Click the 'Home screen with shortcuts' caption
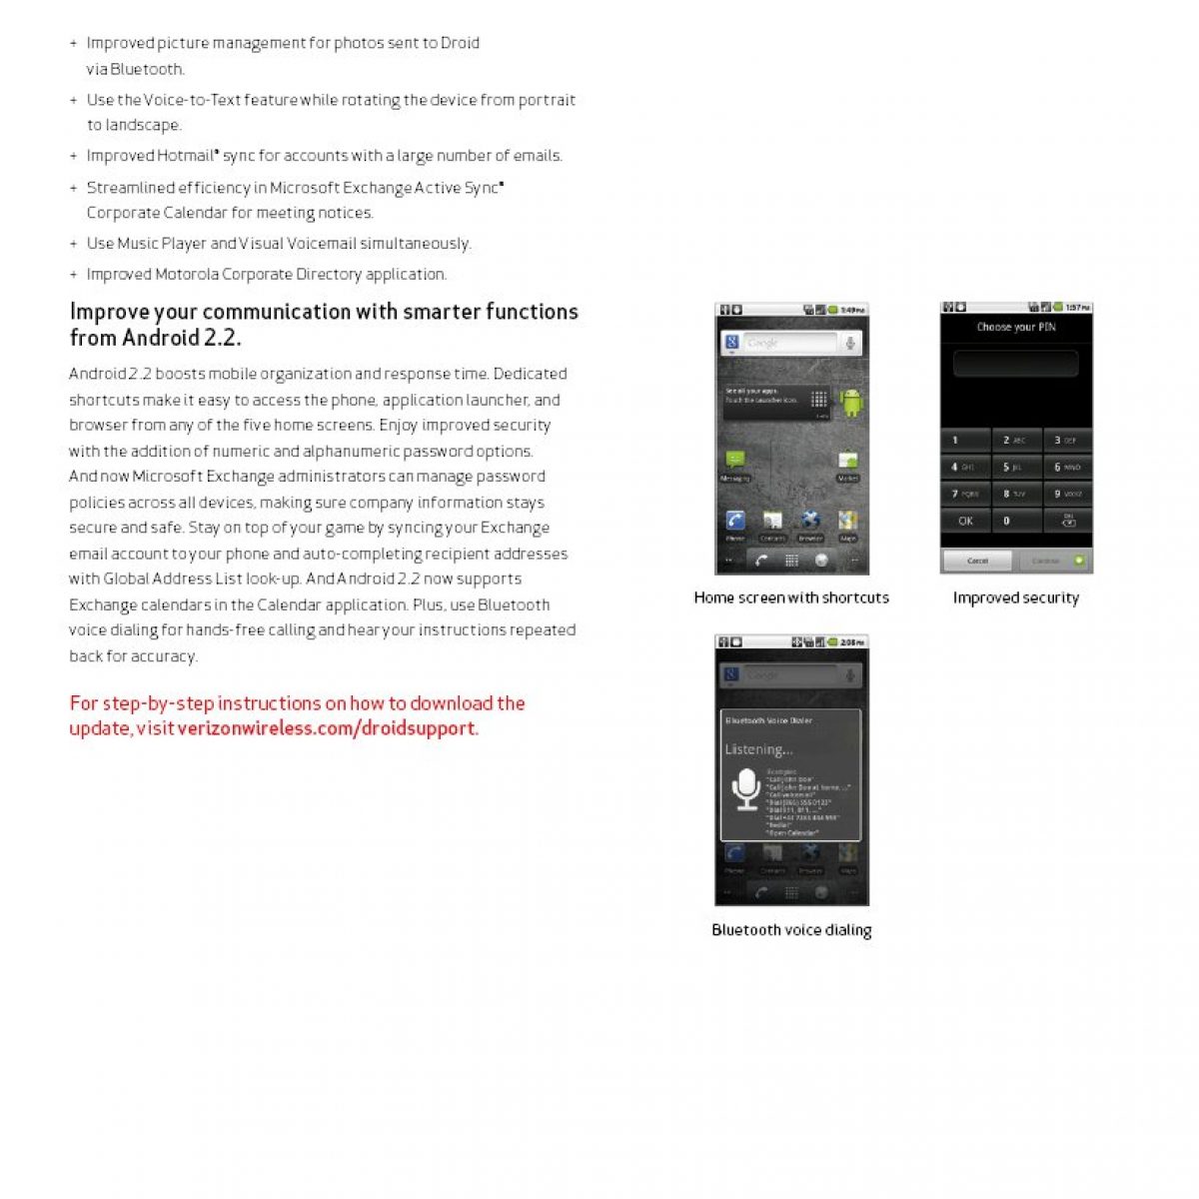point(791,598)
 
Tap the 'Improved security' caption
point(1015,598)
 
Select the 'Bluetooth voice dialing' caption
point(791,930)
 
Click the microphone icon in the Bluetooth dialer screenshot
point(745,788)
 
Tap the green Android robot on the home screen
point(850,402)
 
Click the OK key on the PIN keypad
point(965,521)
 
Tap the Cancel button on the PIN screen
point(977,561)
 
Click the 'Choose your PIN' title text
point(1015,327)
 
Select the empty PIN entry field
point(1015,363)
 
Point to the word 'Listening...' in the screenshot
point(758,749)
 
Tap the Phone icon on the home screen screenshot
point(735,522)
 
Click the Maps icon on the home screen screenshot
point(847,522)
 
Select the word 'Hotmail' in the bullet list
point(186,156)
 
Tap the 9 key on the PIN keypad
point(1067,494)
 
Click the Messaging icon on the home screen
point(735,461)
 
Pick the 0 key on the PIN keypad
point(1015,521)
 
